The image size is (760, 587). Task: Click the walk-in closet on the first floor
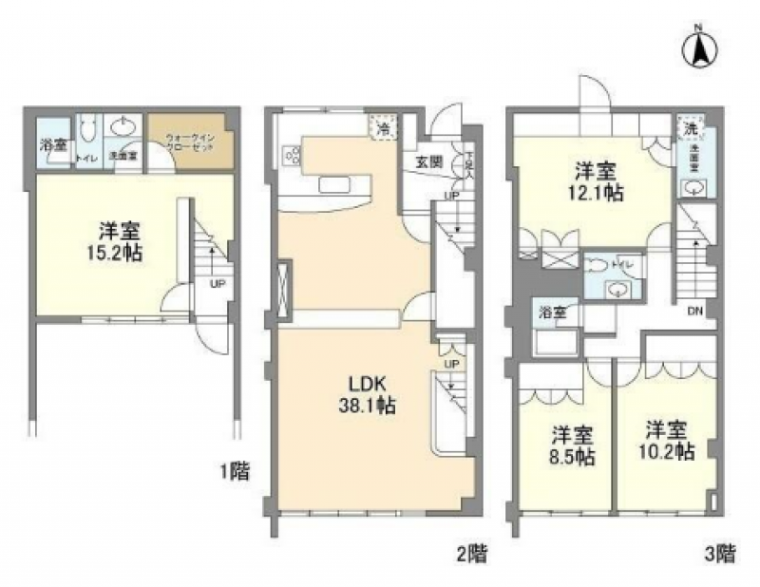(x=193, y=143)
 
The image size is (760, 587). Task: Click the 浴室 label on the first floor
(x=53, y=146)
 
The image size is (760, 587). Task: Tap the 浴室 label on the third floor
(x=550, y=311)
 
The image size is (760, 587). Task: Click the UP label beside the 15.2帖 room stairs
(x=217, y=283)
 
